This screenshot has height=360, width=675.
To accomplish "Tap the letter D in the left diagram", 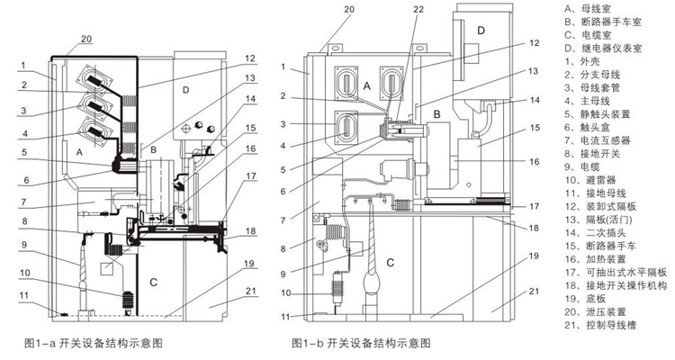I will [x=185, y=91].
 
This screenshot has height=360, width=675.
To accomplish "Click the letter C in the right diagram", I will [x=391, y=262].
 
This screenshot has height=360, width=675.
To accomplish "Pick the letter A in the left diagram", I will [x=80, y=153].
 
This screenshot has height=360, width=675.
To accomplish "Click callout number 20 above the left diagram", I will [x=87, y=39].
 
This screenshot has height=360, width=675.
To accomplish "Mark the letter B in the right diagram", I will [x=436, y=115].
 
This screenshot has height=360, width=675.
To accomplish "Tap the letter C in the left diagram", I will [x=154, y=283].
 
